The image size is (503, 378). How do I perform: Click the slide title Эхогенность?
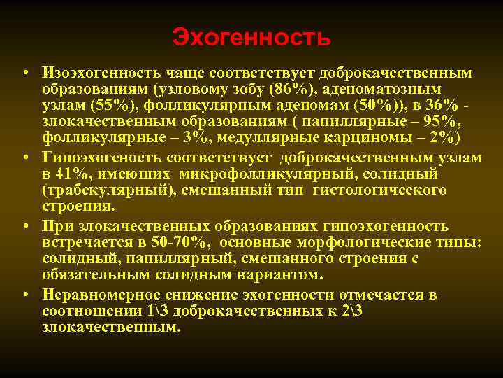coord(251,37)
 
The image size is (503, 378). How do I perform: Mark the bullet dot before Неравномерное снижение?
coord(25,294)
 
